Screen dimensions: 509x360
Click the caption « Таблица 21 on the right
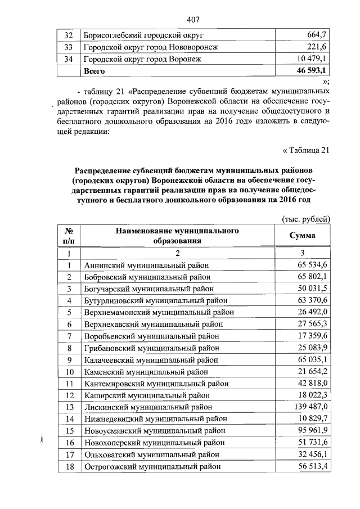point(304,150)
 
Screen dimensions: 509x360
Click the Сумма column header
point(302,236)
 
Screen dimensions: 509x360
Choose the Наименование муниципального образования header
point(174,236)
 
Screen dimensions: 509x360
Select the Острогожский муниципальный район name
point(151,466)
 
